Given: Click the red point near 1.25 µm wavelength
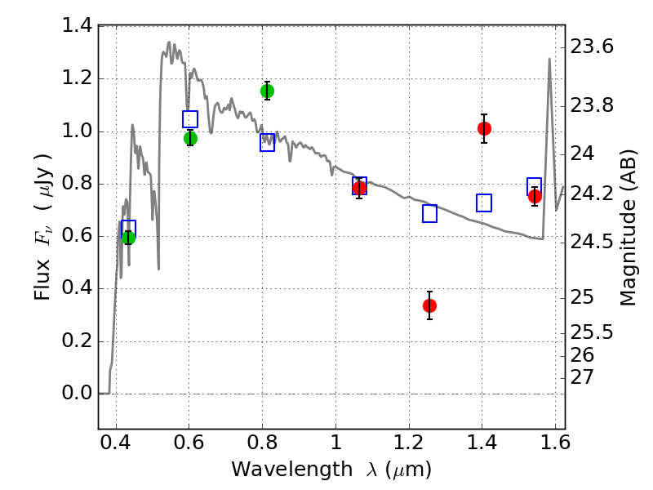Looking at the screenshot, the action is [x=429, y=305].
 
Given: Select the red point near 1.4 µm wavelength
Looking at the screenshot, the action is [x=484, y=129].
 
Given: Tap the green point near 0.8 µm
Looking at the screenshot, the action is [x=267, y=91].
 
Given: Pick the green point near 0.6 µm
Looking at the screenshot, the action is [x=190, y=138].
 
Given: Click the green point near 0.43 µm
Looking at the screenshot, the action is [x=128, y=238].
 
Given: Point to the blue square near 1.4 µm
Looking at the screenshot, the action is [x=484, y=203].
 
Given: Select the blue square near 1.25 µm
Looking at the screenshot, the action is [x=430, y=213].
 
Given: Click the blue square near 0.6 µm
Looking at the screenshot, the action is [x=190, y=119].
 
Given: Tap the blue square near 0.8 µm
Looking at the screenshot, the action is [x=268, y=142].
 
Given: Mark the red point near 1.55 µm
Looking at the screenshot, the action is [x=535, y=196].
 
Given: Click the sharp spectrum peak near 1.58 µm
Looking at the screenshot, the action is [x=549, y=59].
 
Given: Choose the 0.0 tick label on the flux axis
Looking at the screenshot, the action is [x=77, y=393].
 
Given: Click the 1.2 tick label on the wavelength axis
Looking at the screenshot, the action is [x=409, y=443].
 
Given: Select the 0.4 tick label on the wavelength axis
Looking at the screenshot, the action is [x=116, y=443].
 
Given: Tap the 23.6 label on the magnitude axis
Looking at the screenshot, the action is [x=591, y=47].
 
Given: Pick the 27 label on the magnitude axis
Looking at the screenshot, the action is [x=581, y=377].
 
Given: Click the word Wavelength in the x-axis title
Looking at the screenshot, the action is [x=292, y=470].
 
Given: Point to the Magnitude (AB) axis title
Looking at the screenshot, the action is [x=629, y=228].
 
